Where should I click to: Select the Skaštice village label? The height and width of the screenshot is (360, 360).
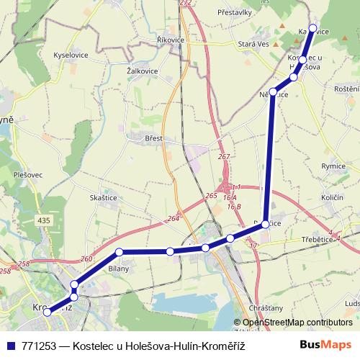click(104, 197)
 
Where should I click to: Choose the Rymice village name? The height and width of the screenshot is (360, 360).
click(333, 166)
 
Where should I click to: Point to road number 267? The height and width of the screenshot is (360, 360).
click(224, 156)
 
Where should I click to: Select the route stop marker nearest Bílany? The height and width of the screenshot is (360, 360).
click(120, 252)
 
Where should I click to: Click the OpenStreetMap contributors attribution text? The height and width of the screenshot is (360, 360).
click(297, 323)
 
